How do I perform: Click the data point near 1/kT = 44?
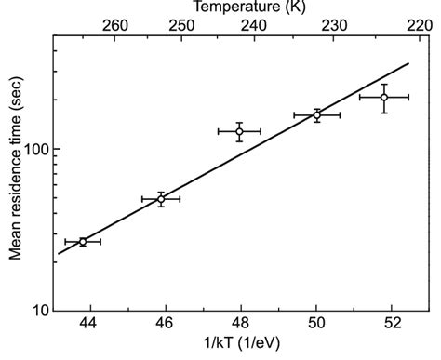click(x=83, y=242)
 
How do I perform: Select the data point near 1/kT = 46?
click(x=161, y=199)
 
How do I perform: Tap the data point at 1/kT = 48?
click(x=239, y=131)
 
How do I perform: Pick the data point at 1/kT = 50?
click(x=317, y=115)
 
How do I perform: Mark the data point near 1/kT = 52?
click(x=383, y=97)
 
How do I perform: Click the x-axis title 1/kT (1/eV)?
click(x=241, y=348)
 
